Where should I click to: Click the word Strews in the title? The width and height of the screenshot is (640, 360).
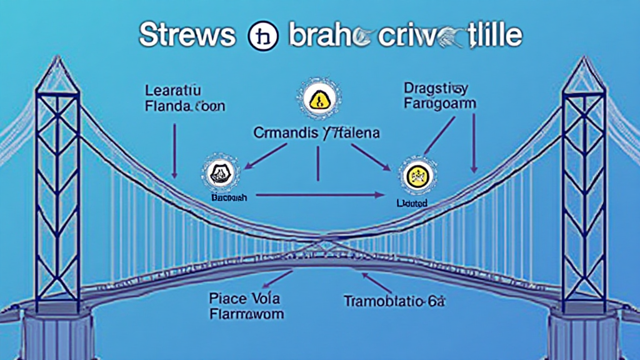pyautogui.click(x=187, y=36)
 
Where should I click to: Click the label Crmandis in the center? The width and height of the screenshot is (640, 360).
pyautogui.click(x=284, y=132)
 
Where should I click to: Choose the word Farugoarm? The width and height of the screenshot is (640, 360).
pyautogui.click(x=439, y=103)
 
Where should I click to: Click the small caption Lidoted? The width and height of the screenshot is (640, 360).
pyautogui.click(x=412, y=203)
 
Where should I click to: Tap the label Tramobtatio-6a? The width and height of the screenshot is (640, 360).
pyautogui.click(x=394, y=301)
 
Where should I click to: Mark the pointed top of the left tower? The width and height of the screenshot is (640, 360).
pyautogui.click(x=57, y=59)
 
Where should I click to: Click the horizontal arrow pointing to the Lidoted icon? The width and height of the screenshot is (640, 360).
pyautogui.click(x=319, y=195)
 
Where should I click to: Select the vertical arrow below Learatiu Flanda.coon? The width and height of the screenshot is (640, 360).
pyautogui.click(x=175, y=149)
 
